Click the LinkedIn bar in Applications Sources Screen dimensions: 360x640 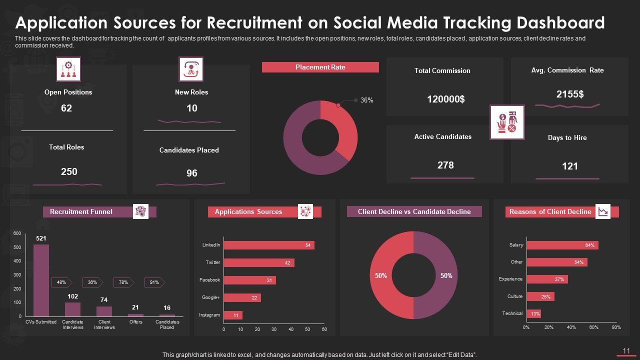(x=269, y=245)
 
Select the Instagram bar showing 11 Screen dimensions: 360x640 (x=233, y=315)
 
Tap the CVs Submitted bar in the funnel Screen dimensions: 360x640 (x=41, y=280)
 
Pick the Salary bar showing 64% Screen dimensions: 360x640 (x=562, y=245)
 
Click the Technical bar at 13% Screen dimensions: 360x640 (x=533, y=314)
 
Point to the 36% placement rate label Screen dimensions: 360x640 (x=366, y=100)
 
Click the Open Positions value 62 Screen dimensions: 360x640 (x=66, y=108)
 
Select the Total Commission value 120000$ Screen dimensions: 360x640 (x=445, y=99)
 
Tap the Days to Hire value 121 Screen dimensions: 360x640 (x=570, y=166)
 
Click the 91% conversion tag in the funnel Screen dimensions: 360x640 (x=154, y=282)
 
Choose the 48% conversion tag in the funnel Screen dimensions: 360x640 (x=61, y=282)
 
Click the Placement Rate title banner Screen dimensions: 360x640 (x=320, y=67)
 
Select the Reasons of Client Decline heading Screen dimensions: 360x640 (x=550, y=211)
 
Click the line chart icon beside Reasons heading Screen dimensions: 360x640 (x=603, y=211)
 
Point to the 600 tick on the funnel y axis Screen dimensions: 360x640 (x=17, y=233)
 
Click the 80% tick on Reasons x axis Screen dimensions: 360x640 (x=616, y=327)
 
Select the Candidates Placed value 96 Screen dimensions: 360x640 (x=192, y=173)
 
